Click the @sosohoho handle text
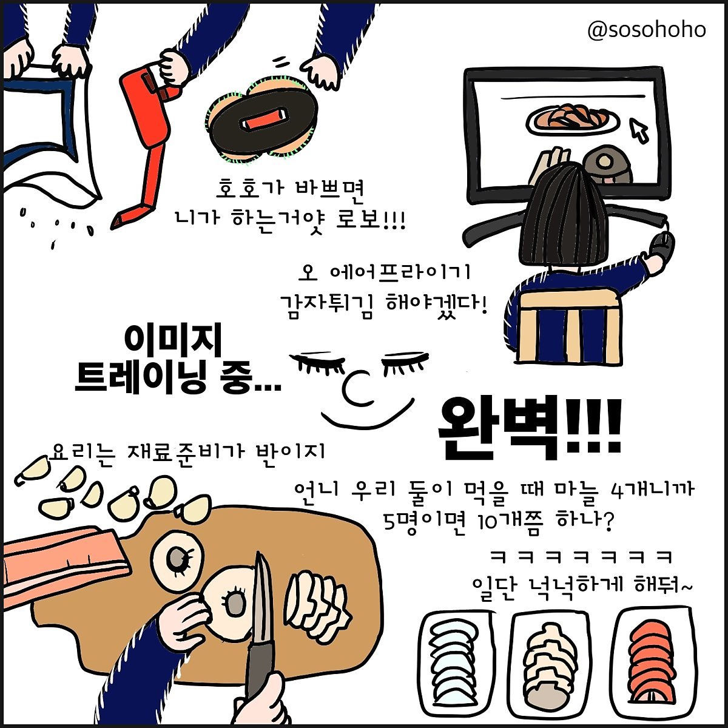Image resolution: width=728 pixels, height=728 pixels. point(647,30)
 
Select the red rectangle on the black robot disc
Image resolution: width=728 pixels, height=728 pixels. point(261,119)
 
